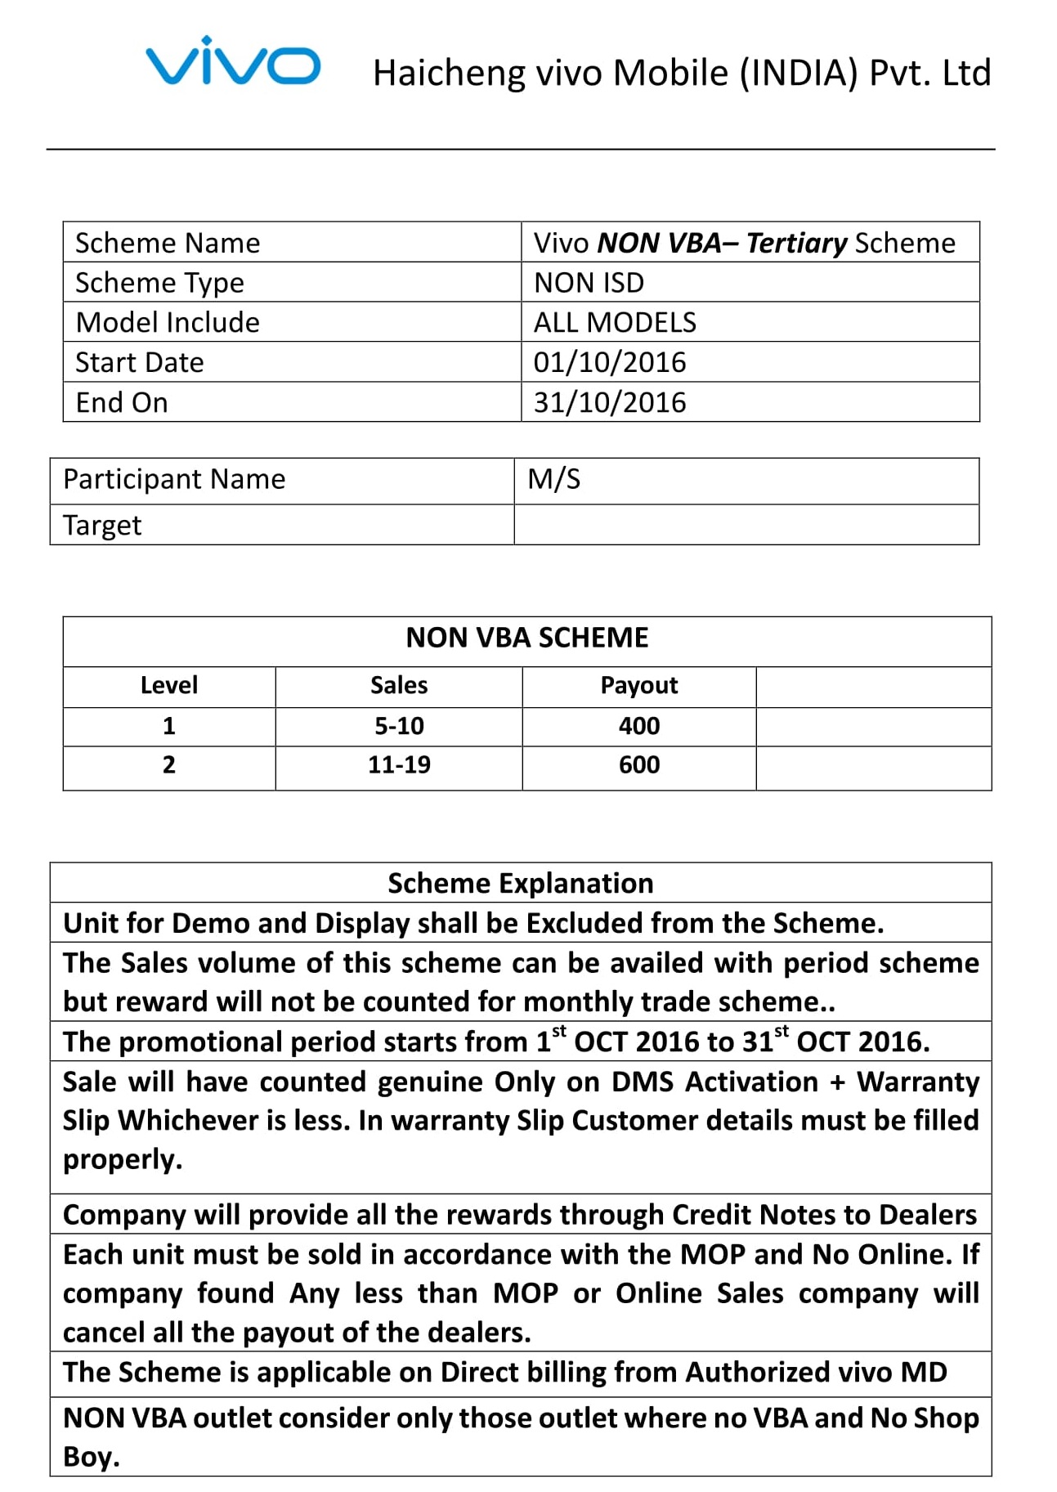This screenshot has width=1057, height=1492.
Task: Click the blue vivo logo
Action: (x=233, y=62)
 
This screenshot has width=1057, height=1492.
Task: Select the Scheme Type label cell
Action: (x=159, y=283)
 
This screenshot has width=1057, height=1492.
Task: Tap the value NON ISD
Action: (x=589, y=283)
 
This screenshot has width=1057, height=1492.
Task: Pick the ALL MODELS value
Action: (x=615, y=323)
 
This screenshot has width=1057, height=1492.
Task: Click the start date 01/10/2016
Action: (x=610, y=362)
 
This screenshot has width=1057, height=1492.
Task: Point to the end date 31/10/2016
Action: (x=610, y=402)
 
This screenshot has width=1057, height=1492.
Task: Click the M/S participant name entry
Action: (x=554, y=479)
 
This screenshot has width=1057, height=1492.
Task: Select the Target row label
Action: (x=102, y=525)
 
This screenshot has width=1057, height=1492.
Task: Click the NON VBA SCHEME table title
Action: (x=527, y=638)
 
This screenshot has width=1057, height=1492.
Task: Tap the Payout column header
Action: (x=639, y=685)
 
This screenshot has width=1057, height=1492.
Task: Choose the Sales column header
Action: (x=399, y=685)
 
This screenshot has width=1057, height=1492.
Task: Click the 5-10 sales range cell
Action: (x=399, y=726)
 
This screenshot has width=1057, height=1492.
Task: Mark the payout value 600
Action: (x=639, y=765)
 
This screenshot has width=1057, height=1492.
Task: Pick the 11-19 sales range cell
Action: (x=399, y=765)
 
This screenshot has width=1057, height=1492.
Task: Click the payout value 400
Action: (x=639, y=726)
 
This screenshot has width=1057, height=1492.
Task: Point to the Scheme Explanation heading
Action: (x=521, y=884)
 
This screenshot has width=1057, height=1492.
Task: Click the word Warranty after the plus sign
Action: (x=918, y=1082)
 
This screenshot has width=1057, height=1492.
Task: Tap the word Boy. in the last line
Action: (x=92, y=1457)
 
